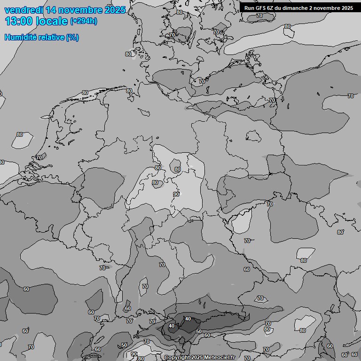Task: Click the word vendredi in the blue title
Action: click(x=23, y=10)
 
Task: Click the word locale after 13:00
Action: click(x=52, y=21)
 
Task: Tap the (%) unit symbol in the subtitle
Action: click(x=72, y=37)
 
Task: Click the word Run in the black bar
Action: click(x=249, y=8)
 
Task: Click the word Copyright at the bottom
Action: click(x=177, y=358)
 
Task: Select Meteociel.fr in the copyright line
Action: click(x=220, y=358)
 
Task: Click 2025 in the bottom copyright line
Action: click(x=197, y=358)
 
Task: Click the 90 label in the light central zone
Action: click(x=176, y=194)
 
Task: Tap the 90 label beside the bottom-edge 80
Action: click(x=134, y=354)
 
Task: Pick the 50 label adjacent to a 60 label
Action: click(x=199, y=331)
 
